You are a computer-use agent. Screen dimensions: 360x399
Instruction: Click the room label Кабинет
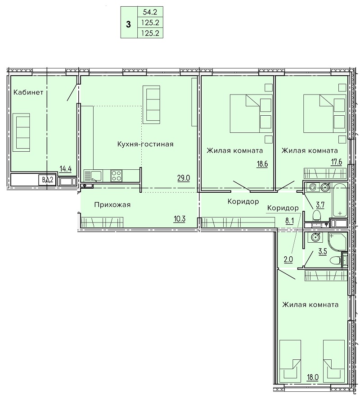click(x=28, y=92)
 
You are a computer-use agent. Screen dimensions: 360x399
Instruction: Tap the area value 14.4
click(x=65, y=169)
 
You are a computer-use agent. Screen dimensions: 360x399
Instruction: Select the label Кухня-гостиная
click(x=145, y=144)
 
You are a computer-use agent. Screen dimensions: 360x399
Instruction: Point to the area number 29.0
click(x=184, y=178)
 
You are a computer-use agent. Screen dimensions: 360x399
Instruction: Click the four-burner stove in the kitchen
click(x=117, y=176)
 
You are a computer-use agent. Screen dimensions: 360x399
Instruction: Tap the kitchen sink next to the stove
click(x=93, y=176)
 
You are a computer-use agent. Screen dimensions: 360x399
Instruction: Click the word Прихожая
click(x=112, y=204)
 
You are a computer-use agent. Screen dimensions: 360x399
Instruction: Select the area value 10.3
click(x=179, y=218)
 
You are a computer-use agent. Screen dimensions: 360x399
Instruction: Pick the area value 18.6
click(x=262, y=164)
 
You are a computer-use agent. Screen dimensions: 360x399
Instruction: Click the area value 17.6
click(x=336, y=162)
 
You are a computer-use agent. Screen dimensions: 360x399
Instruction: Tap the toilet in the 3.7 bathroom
click(x=316, y=215)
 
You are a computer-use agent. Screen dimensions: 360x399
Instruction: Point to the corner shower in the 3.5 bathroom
click(x=337, y=242)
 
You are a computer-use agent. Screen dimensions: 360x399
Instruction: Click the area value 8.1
click(x=289, y=221)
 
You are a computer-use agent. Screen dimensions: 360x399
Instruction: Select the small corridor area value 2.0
click(x=288, y=259)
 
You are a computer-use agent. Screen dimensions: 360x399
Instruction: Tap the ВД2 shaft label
click(x=47, y=180)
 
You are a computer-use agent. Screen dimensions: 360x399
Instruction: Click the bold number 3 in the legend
click(x=128, y=25)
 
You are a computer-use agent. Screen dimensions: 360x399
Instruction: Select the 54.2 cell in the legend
click(x=150, y=12)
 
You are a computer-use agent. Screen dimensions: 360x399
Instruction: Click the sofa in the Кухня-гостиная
click(x=152, y=104)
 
